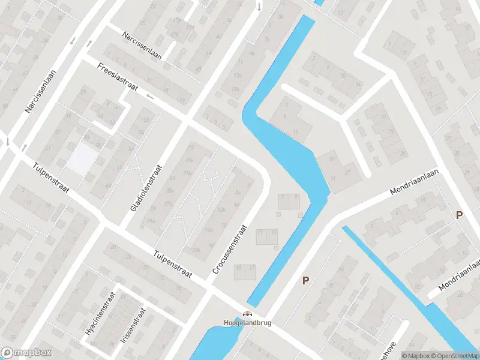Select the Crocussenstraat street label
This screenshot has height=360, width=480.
(229, 250)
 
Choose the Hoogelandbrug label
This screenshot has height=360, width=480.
(248, 323)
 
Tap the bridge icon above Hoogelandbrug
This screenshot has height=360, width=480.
(247, 313)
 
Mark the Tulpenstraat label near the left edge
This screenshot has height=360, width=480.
(52, 178)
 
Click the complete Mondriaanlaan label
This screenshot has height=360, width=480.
(415, 182)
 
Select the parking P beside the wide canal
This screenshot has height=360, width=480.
(306, 280)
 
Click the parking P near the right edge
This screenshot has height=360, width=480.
(460, 215)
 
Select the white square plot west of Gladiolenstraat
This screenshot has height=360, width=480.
(83, 160)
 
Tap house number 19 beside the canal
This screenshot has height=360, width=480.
(296, 131)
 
